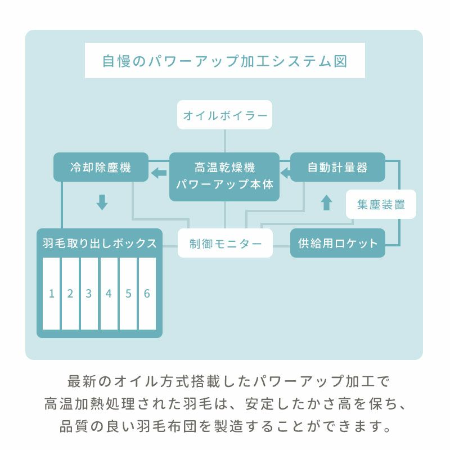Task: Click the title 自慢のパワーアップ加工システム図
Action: [224, 61]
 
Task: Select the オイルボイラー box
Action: [225, 115]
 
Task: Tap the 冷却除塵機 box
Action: [101, 167]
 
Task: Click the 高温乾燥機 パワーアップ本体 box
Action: [225, 176]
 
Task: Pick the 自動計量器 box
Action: [337, 167]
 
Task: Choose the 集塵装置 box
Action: [381, 204]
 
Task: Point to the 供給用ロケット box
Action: [337, 244]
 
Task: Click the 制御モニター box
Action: [225, 244]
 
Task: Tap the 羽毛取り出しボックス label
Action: [100, 244]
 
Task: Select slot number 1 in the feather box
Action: [51, 294]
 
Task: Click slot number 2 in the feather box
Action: [70, 294]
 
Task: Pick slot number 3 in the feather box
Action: [89, 294]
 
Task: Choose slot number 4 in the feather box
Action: [109, 294]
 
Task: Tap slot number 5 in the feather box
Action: [128, 294]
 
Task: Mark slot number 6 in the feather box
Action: [147, 294]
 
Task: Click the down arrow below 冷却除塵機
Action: [101, 202]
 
